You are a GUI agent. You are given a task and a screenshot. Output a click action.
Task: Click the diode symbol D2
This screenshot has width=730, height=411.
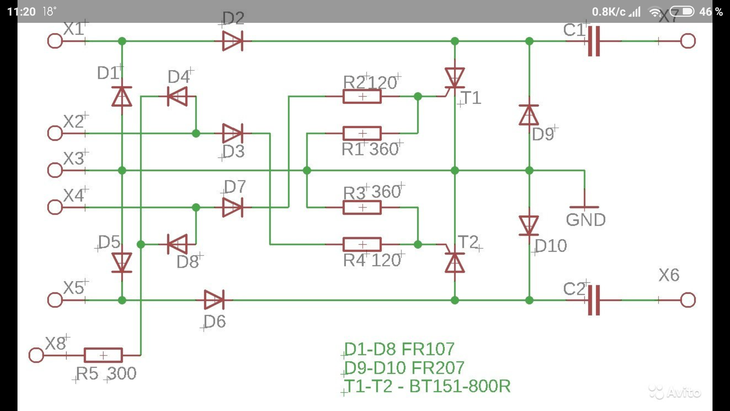pos(233,41)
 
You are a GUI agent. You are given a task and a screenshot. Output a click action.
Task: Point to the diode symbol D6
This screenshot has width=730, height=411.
pos(214,300)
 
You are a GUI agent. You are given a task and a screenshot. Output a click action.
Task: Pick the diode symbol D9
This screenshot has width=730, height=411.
pos(529,115)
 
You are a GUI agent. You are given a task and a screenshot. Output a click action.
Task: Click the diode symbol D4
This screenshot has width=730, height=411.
pos(177,96)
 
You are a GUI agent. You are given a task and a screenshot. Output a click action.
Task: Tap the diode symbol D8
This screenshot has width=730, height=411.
pos(177,244)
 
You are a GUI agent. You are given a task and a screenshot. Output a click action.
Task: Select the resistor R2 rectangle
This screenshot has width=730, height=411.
pos(362,96)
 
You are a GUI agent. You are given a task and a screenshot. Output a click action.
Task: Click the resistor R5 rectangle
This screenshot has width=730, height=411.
pos(103,355)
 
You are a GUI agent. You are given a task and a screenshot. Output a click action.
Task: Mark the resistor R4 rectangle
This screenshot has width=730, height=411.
pos(362,244)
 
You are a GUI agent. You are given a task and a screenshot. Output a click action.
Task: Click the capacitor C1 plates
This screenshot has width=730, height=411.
pos(594,41)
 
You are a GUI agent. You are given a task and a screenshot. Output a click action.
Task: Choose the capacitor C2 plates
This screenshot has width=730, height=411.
pos(594,300)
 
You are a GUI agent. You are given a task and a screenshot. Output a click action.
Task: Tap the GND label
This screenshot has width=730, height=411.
pos(586,220)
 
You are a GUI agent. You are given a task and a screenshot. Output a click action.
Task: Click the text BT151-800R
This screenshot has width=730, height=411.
pos(460,386)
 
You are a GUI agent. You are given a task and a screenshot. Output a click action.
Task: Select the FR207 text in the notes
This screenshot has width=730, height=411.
pos(438,368)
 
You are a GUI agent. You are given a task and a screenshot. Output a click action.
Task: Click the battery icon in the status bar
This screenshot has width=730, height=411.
pos(682,12)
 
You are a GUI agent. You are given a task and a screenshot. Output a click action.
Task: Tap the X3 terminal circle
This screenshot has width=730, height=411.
pos(55,170)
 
